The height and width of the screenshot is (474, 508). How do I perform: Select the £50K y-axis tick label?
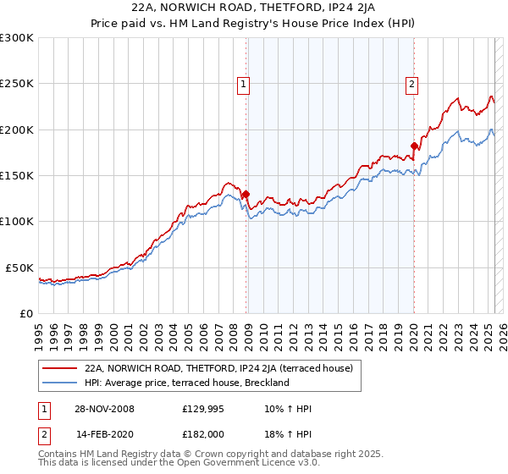19,267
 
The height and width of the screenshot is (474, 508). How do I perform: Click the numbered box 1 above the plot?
243,83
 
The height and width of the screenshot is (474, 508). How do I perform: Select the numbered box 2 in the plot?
411,83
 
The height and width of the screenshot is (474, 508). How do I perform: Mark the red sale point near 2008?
246,194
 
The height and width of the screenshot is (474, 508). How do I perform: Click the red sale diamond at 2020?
414,146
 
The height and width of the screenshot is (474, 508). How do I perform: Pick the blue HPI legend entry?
187,383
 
